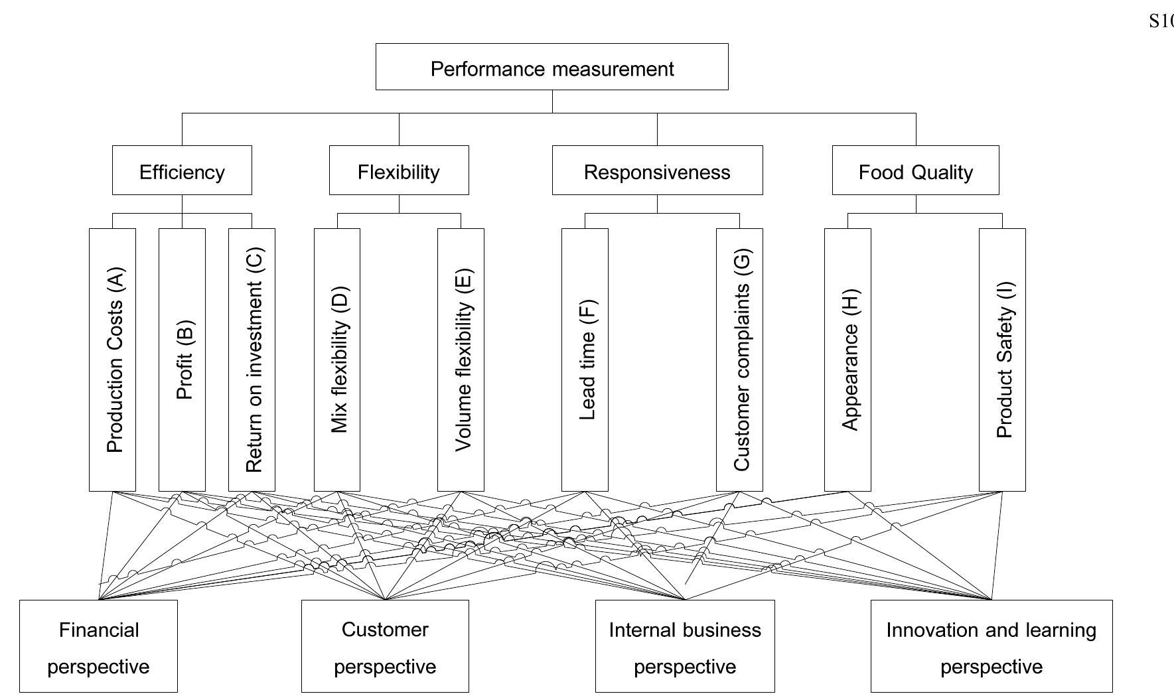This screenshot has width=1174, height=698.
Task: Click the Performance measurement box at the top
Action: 551,67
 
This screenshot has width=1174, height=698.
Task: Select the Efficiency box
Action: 182,171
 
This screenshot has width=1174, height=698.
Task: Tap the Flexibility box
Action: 399,171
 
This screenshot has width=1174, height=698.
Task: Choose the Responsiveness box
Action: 657,171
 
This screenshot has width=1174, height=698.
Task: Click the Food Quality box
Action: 915,171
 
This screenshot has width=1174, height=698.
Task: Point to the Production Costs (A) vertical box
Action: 113,360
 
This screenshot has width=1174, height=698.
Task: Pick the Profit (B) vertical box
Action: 183,360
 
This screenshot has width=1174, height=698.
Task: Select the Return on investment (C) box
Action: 252,360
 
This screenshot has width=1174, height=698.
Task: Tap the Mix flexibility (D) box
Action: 337,360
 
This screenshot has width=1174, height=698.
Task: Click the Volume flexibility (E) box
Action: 461,360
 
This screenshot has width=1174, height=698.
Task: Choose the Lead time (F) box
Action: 585,360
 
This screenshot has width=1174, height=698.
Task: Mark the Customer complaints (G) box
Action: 740,360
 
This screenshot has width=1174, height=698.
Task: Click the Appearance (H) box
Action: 848,360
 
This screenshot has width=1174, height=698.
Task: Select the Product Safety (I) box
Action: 1003,360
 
